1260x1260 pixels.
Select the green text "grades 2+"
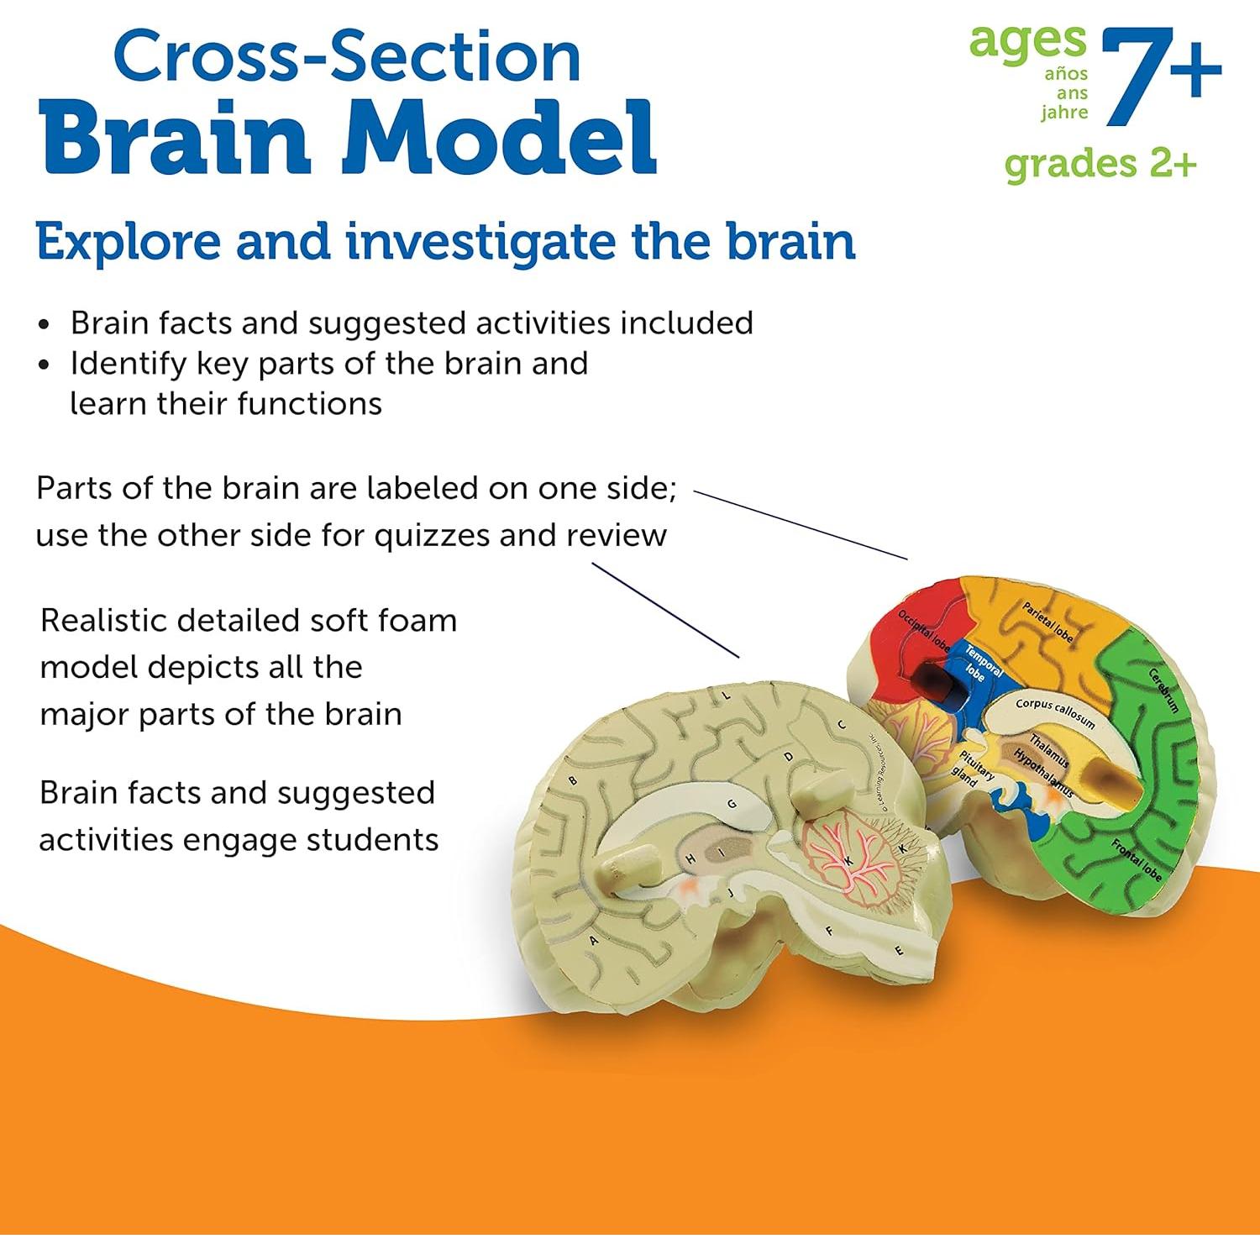coord(1100,164)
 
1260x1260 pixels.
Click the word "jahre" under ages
coord(1064,113)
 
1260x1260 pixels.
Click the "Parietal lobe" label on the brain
coord(1047,622)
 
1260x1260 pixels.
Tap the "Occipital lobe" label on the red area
coord(923,631)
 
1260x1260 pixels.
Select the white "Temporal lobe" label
coord(981,664)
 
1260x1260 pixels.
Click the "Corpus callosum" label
coord(1055,713)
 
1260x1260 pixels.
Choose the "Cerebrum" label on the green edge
coord(1164,690)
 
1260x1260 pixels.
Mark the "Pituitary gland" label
coord(971,769)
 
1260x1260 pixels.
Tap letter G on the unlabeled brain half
coord(732,804)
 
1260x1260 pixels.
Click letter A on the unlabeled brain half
coord(594,941)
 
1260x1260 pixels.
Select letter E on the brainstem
coord(900,951)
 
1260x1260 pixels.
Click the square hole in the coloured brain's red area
coord(931,679)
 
